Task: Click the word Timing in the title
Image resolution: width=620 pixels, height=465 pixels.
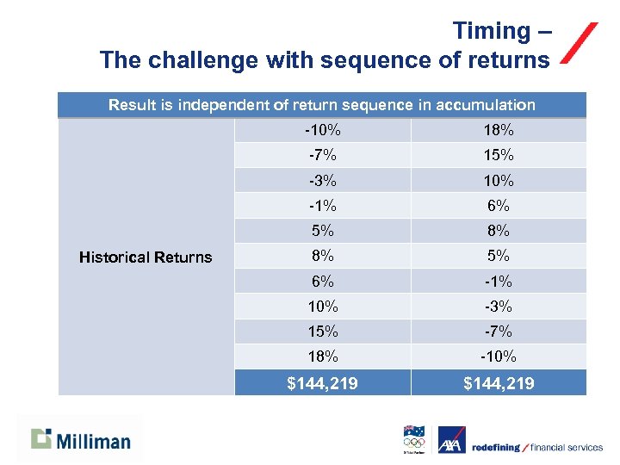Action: [493, 31]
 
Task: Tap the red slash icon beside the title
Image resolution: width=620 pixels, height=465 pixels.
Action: [579, 43]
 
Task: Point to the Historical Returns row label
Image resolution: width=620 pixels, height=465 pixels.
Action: [146, 257]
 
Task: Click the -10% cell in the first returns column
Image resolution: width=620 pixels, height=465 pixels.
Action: [322, 131]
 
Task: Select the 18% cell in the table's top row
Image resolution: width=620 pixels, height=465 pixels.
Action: [499, 131]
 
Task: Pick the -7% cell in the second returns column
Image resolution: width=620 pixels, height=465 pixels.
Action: [499, 332]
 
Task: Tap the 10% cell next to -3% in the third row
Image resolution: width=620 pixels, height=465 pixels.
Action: [499, 181]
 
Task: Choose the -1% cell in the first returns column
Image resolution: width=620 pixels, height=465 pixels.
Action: [322, 206]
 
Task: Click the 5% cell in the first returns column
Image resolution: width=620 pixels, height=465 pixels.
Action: [322, 231]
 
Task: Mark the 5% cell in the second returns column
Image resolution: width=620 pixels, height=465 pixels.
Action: [499, 256]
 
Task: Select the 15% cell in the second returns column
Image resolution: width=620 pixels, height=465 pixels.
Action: [499, 156]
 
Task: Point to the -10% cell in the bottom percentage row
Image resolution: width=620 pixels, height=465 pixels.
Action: [499, 356]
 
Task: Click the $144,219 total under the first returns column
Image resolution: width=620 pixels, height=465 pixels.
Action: [322, 383]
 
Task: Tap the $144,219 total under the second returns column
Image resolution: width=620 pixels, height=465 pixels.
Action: [499, 383]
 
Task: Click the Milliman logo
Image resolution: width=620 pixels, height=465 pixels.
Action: [81, 440]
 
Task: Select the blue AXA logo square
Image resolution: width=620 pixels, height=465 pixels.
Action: [451, 440]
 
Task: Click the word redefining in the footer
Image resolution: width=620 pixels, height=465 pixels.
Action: [497, 447]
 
